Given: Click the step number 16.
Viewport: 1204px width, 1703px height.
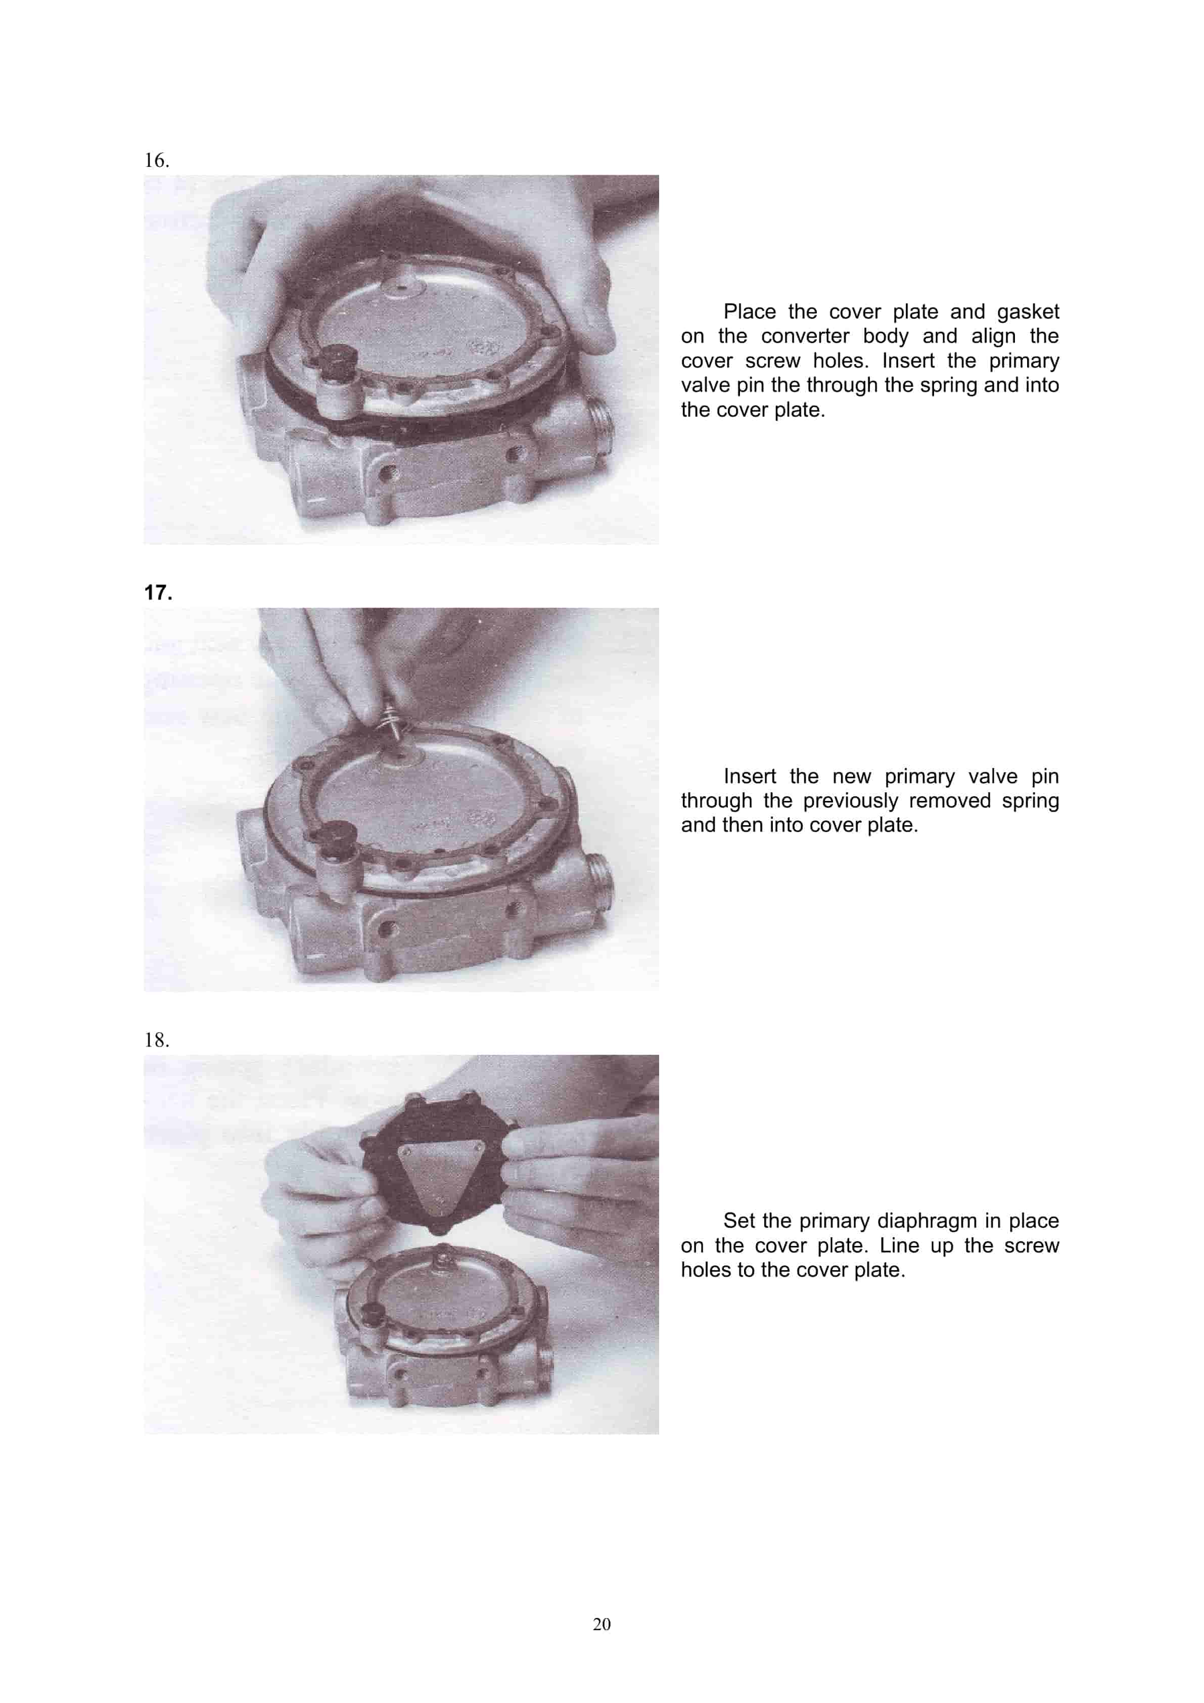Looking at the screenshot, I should [156, 160].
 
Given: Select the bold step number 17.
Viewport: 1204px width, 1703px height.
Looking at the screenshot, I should [158, 593].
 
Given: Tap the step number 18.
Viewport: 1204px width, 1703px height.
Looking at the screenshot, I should [156, 1040].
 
